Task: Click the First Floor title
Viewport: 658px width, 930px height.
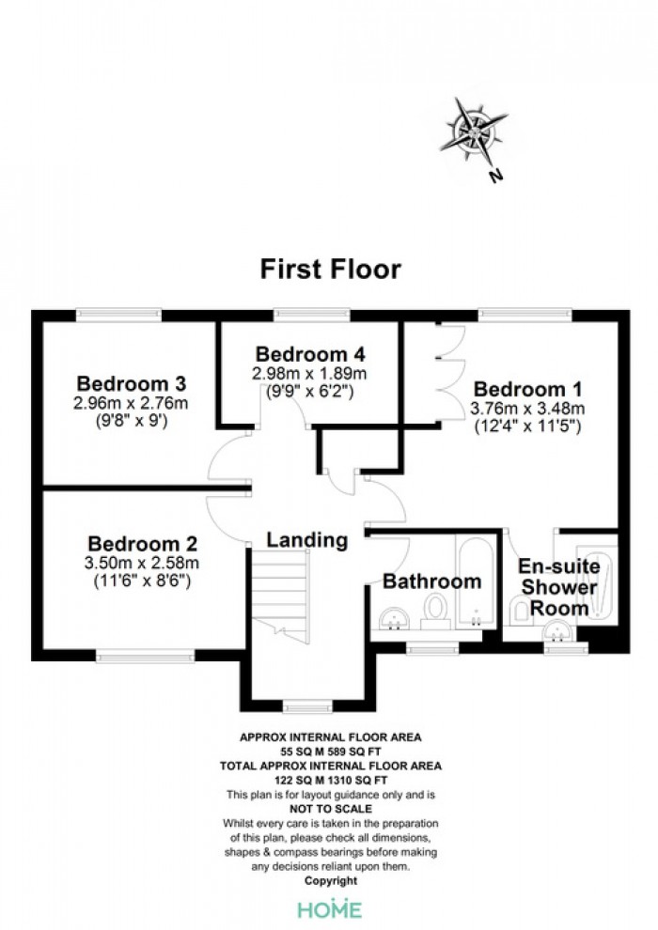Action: (331, 269)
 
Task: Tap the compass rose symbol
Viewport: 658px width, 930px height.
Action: (474, 132)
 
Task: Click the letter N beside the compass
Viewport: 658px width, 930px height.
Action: (495, 176)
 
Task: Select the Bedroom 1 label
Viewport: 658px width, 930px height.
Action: (527, 389)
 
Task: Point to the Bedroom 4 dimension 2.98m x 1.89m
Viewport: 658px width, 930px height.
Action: (309, 374)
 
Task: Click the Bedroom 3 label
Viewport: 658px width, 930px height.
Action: (131, 383)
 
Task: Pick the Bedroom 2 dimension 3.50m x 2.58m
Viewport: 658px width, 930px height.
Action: (141, 563)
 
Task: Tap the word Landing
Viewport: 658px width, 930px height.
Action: (306, 540)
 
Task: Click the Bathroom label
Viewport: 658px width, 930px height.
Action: (432, 581)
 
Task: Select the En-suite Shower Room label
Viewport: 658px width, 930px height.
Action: (558, 587)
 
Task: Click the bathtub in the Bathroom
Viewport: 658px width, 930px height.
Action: (476, 581)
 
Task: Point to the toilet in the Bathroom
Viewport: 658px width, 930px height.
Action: (435, 612)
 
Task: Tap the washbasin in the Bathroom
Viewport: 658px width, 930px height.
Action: (394, 618)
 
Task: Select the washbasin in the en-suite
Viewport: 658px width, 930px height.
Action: (557, 631)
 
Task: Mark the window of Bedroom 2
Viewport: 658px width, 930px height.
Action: (146, 656)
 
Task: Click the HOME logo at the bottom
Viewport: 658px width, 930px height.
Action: (330, 909)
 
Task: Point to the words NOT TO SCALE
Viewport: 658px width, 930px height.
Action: (331, 809)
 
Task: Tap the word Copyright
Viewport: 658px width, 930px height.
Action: (331, 881)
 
